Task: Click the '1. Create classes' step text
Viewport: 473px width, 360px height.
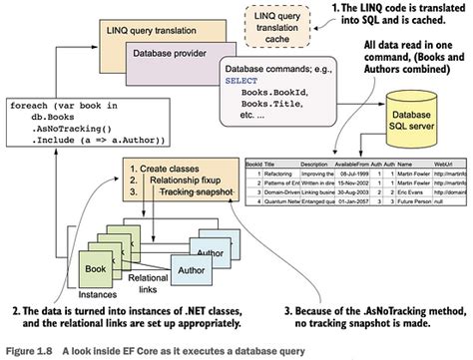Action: (x=148, y=169)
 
